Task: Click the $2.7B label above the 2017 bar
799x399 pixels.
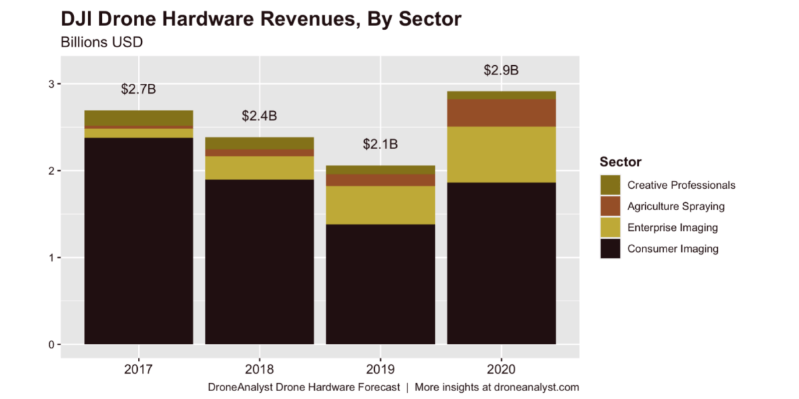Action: [x=138, y=89]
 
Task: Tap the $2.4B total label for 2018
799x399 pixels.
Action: [x=259, y=116]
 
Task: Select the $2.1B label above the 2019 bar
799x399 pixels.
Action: [x=380, y=144]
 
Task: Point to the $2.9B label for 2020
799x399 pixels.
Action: [x=501, y=70]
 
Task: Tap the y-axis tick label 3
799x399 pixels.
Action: [x=50, y=84]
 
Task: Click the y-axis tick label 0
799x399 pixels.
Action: [x=50, y=344]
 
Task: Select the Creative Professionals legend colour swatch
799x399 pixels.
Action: [x=610, y=185]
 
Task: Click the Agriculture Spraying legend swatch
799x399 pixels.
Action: [x=610, y=206]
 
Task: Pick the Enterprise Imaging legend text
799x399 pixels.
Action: [x=672, y=227]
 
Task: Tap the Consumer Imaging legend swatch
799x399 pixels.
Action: [x=610, y=249]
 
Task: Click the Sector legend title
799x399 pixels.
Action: [x=621, y=162]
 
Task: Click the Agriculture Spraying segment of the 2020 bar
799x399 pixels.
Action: [x=501, y=113]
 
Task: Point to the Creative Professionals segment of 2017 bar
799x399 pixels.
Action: [x=138, y=118]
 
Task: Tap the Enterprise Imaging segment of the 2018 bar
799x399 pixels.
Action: [x=259, y=168]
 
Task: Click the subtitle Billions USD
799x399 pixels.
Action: [x=102, y=42]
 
